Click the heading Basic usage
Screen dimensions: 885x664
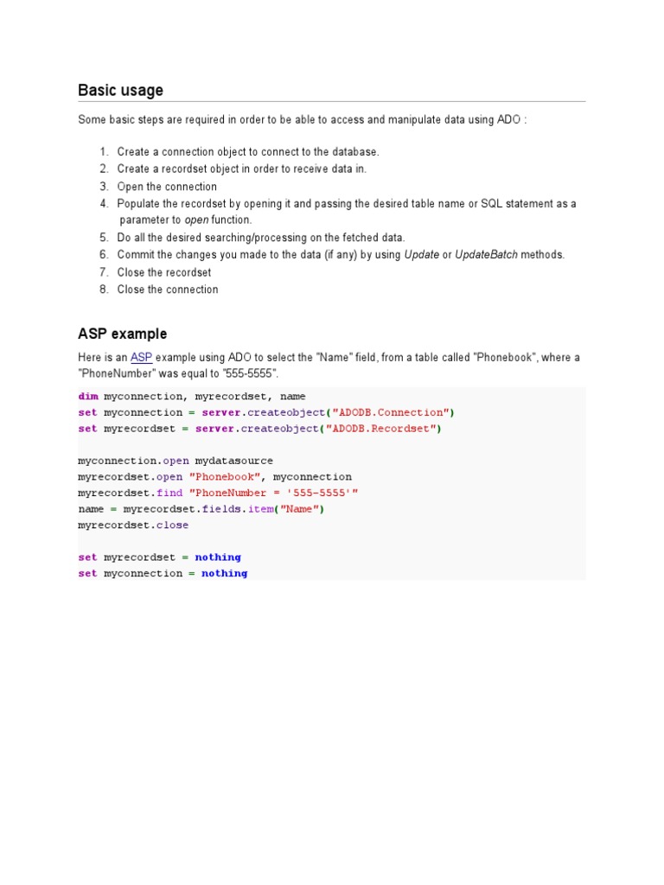point(120,91)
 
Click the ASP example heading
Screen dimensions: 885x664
point(122,334)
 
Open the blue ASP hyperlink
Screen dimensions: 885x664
point(141,357)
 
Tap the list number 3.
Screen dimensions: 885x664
point(104,187)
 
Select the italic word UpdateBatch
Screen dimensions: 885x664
point(486,255)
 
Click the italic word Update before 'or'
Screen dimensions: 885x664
point(422,255)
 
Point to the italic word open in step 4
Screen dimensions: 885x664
point(197,220)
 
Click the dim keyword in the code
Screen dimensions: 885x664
point(87,397)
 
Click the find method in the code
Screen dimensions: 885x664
point(169,493)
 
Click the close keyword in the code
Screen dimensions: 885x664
point(173,525)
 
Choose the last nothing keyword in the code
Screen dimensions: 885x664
point(224,573)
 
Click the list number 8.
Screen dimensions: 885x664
point(104,290)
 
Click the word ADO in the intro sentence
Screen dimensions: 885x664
point(509,119)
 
